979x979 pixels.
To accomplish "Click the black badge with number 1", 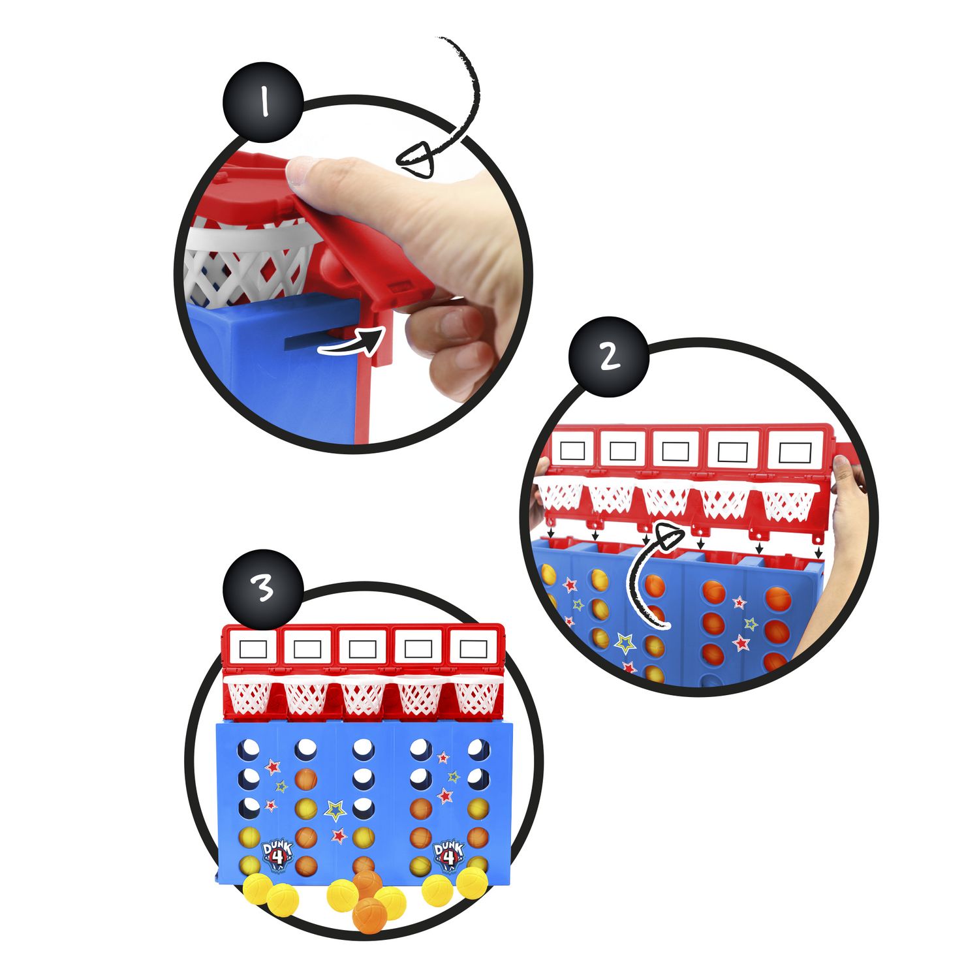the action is [x=264, y=102].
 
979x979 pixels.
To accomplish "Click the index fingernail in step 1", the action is [x=302, y=171].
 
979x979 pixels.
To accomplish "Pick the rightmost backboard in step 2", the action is [x=794, y=450].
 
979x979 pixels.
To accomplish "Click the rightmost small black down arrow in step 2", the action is [x=818, y=552].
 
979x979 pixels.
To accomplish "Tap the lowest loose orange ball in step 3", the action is [x=369, y=915].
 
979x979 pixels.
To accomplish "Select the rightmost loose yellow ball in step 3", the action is [x=471, y=882].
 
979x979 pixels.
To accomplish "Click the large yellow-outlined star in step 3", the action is [x=336, y=811].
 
